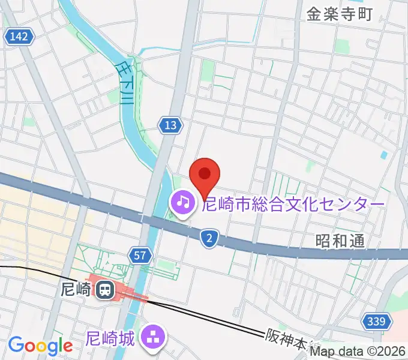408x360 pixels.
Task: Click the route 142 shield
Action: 18,37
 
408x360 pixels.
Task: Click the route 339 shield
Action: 374,323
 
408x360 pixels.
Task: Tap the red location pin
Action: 205,175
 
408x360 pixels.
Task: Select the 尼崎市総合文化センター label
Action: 293,205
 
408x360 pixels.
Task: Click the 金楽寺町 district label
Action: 340,15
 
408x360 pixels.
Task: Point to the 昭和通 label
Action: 340,241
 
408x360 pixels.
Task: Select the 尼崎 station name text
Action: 76,290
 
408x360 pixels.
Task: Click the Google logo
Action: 40,346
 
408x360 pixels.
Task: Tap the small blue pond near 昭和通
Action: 384,155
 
